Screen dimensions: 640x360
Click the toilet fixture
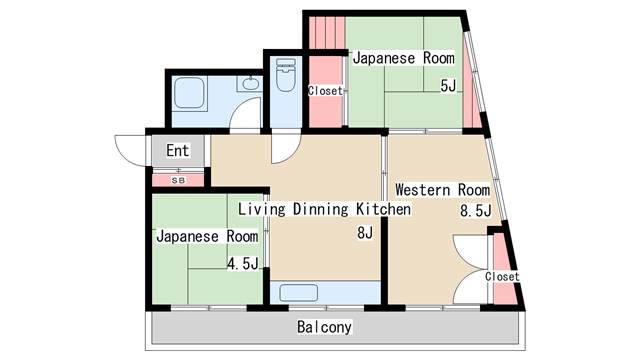[286, 74]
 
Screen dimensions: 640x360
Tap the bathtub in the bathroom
[189, 93]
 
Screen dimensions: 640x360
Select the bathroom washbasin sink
[250, 84]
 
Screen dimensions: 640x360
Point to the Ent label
[178, 150]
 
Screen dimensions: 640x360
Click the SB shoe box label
[178, 180]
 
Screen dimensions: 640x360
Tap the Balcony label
[324, 327]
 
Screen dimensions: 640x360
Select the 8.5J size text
[476, 211]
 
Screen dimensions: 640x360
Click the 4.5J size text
[242, 264]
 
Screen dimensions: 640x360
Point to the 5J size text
[448, 86]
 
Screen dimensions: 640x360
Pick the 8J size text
[365, 233]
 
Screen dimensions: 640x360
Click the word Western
[423, 190]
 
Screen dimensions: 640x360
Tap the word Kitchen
[384, 209]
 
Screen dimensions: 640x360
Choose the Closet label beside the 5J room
[325, 91]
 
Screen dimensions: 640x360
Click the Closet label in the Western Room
[502, 276]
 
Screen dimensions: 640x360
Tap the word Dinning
[321, 209]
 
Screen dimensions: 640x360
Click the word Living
[262, 209]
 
